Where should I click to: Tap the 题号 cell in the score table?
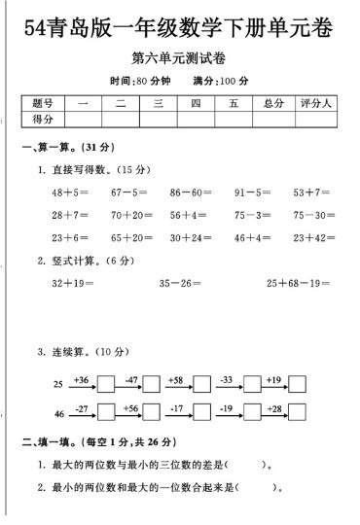pos(42,102)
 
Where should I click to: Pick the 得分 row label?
pos(42,119)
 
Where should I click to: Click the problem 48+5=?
pos(69,192)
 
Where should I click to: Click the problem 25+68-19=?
pos(297,283)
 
